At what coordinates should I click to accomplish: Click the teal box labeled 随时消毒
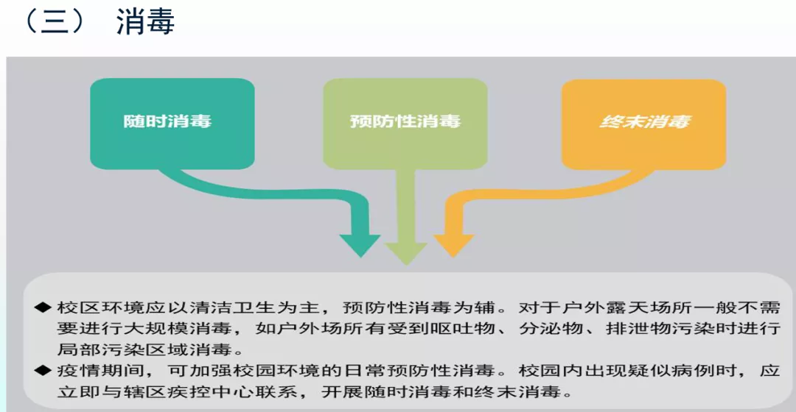click(x=172, y=121)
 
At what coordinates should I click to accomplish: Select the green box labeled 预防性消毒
click(x=405, y=121)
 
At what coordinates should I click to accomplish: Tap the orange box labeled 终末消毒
click(x=644, y=121)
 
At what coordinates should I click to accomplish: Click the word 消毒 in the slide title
click(x=145, y=22)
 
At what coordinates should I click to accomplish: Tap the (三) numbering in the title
click(x=53, y=22)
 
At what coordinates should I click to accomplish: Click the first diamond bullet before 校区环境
click(x=43, y=308)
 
